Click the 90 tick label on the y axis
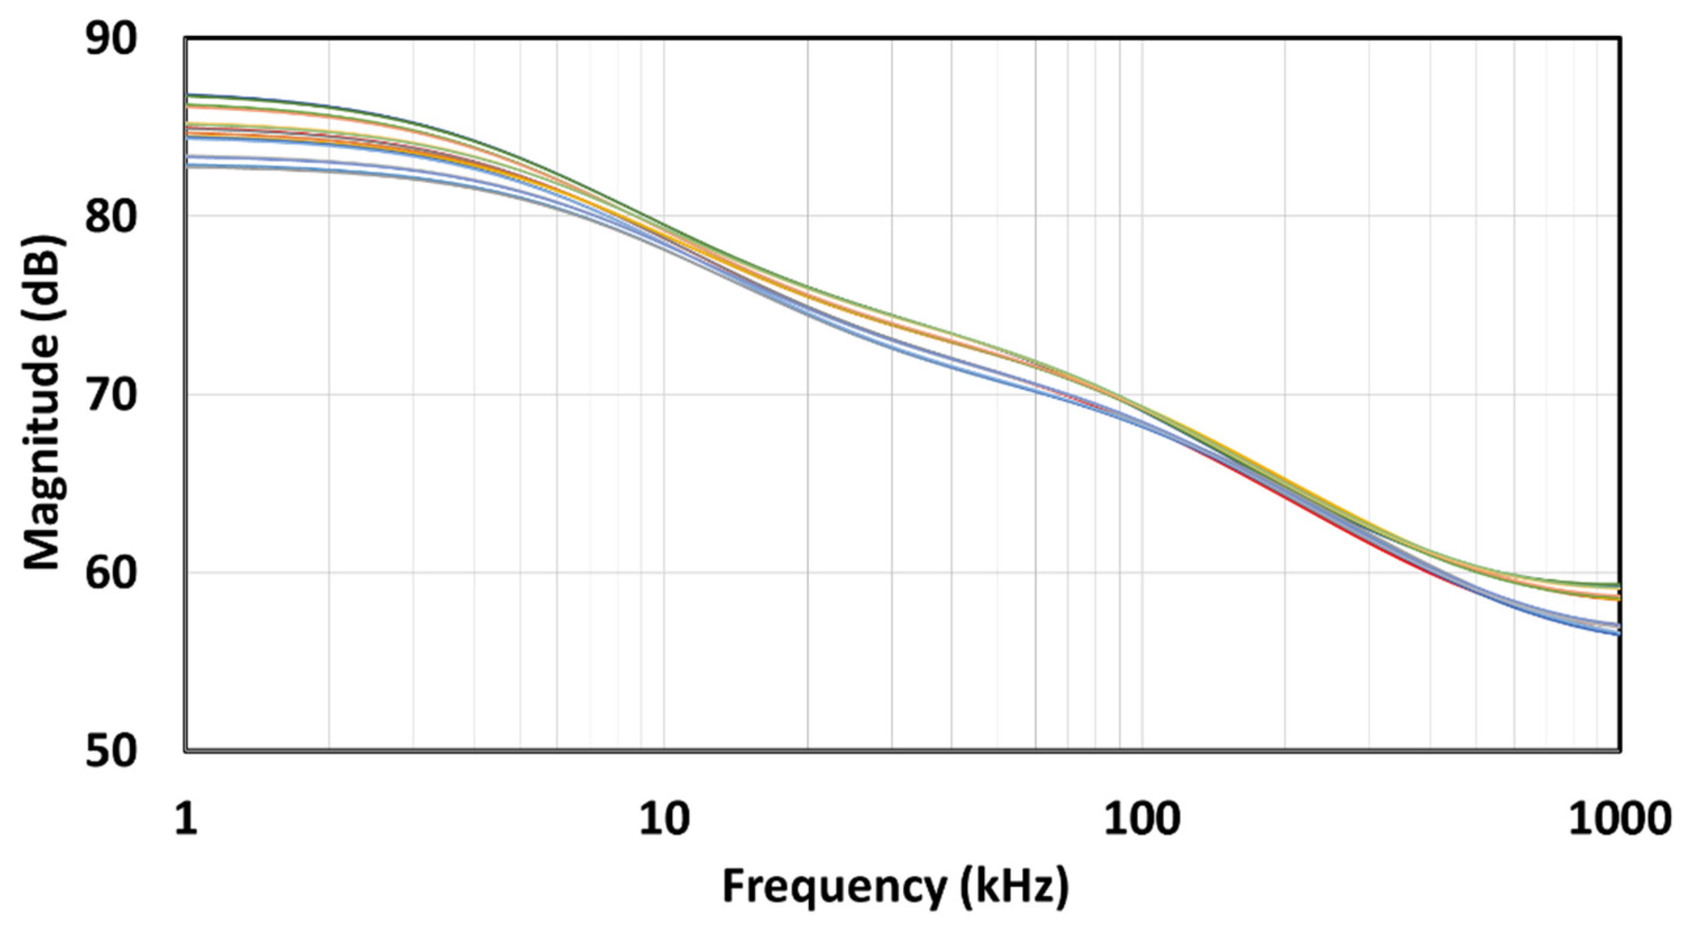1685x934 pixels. tap(112, 40)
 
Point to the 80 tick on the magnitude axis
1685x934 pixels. tap(112, 217)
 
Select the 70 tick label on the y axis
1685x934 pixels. tap(112, 395)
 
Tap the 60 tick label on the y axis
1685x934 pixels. tap(112, 573)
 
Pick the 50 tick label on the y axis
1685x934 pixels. tap(112, 751)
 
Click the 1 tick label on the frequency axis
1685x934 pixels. tap(186, 819)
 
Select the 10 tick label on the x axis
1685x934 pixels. tap(664, 819)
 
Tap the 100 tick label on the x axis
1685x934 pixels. tap(1142, 819)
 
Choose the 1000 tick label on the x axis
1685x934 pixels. tap(1618, 819)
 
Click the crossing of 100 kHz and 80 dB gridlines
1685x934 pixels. tap(1142, 217)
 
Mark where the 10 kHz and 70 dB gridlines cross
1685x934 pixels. tap(664, 395)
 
